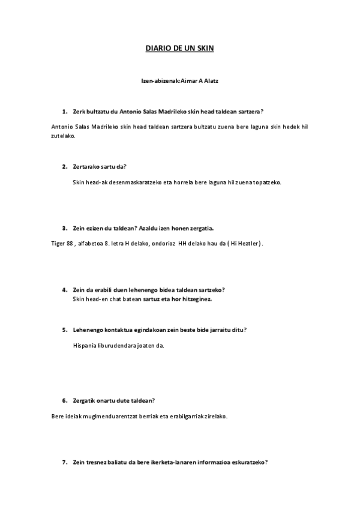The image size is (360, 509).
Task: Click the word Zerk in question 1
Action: point(79,112)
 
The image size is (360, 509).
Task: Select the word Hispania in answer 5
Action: point(85,345)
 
